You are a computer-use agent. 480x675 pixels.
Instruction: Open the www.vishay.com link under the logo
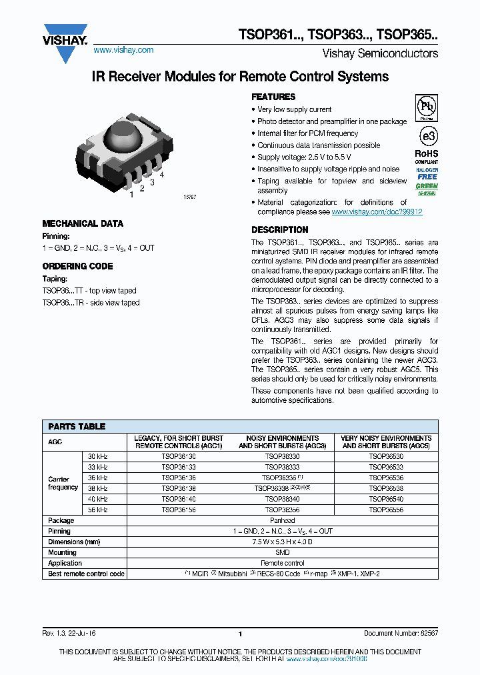[123, 50]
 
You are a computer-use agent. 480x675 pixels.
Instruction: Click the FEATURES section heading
[273, 97]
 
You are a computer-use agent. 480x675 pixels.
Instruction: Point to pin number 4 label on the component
[161, 175]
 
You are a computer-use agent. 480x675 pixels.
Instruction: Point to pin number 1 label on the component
[131, 194]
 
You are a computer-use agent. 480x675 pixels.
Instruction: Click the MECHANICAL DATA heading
[83, 224]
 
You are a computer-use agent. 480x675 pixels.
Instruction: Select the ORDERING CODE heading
[77, 266]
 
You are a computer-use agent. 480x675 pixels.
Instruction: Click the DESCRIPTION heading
[279, 230]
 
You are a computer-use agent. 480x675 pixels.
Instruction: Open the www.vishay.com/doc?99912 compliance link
[377, 211]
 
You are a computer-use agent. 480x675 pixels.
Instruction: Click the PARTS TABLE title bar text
[77, 426]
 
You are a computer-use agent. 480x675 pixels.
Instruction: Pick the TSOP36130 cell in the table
[179, 456]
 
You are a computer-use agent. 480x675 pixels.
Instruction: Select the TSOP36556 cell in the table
[386, 510]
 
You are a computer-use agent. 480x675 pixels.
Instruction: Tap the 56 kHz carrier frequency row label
[98, 510]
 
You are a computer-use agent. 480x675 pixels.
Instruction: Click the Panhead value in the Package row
[282, 520]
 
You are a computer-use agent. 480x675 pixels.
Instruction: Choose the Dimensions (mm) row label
[73, 542]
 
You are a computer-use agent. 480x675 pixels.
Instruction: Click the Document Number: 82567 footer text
[401, 634]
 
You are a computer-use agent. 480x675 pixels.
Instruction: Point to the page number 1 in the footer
[240, 634]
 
